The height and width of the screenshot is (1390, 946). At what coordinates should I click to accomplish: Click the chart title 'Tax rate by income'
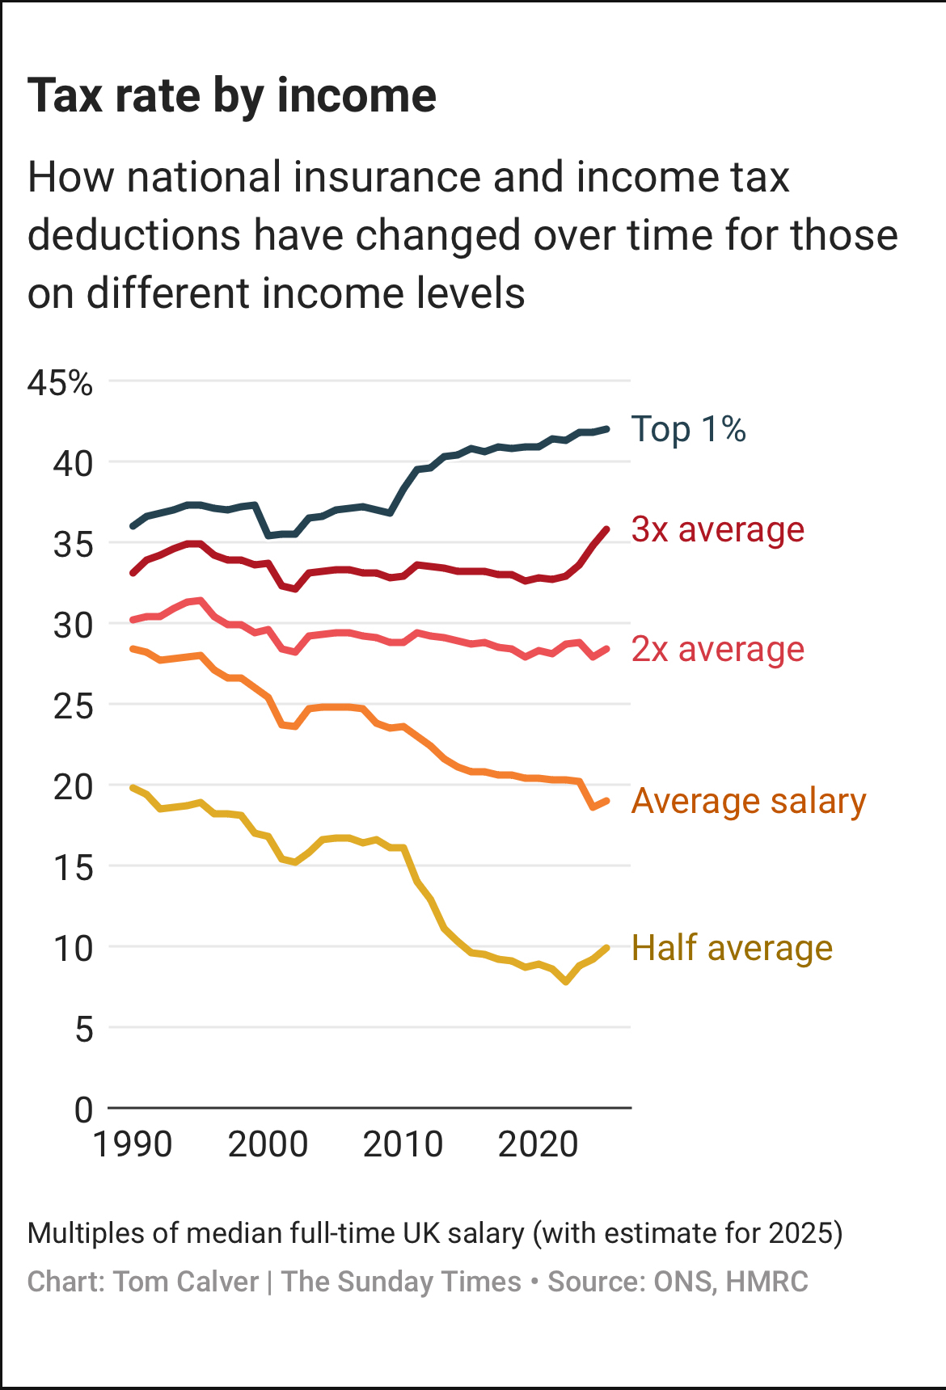coord(232,96)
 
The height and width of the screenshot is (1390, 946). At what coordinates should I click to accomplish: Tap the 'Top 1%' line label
coord(688,429)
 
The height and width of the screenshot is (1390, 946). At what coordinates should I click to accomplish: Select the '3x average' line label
coord(717,530)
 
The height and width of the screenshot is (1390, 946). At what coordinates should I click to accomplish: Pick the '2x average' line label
coord(717,650)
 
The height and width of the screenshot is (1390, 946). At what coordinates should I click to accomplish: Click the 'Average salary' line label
coord(748,802)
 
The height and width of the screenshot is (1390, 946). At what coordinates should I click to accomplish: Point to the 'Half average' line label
coord(732,948)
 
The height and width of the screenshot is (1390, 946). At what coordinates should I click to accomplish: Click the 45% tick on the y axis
coord(61,382)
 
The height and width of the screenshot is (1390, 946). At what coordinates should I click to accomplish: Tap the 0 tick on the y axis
coord(83,1110)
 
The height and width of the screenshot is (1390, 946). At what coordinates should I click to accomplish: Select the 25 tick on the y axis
coord(73,706)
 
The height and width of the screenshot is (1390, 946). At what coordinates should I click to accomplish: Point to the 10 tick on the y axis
coord(73,948)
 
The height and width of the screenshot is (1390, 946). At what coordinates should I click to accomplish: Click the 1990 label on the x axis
coord(133,1144)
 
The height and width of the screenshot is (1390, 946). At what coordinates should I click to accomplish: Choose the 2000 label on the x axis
coord(268,1144)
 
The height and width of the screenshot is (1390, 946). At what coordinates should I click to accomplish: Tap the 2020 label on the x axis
coord(538,1144)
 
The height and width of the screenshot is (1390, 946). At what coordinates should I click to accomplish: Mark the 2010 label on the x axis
coord(403,1144)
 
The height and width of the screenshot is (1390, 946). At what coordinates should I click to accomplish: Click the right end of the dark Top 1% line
coord(606,429)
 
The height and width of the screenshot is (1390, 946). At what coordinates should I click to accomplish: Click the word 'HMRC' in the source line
coord(767,1282)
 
